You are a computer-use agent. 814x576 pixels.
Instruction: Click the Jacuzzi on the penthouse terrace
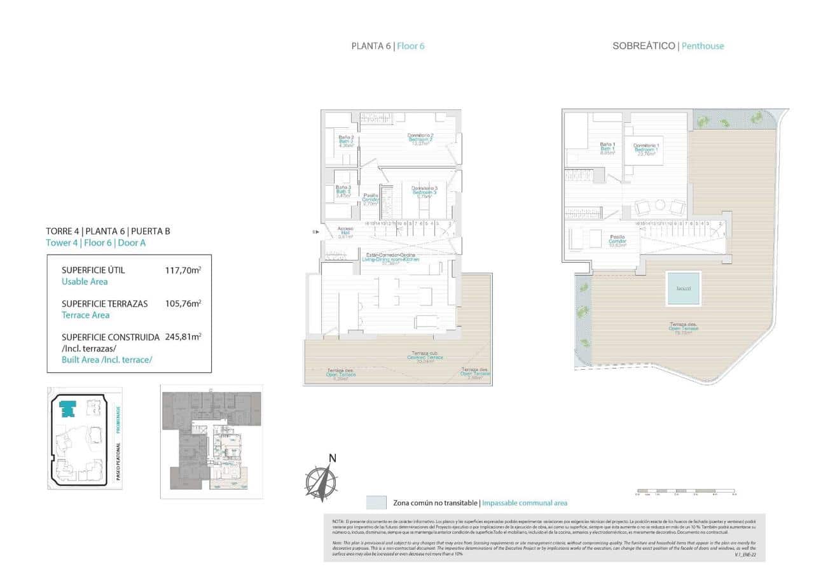(684, 288)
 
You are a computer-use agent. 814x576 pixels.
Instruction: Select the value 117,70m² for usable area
(183, 270)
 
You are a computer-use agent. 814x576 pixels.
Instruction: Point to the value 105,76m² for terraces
(183, 304)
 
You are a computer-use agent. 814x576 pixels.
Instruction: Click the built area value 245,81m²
(183, 337)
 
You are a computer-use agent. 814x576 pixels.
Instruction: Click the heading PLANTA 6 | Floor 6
(388, 46)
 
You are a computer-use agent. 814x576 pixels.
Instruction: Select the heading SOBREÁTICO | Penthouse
(668, 46)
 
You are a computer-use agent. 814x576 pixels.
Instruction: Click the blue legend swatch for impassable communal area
(376, 503)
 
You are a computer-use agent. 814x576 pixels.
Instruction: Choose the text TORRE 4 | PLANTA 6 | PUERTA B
(108, 231)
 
